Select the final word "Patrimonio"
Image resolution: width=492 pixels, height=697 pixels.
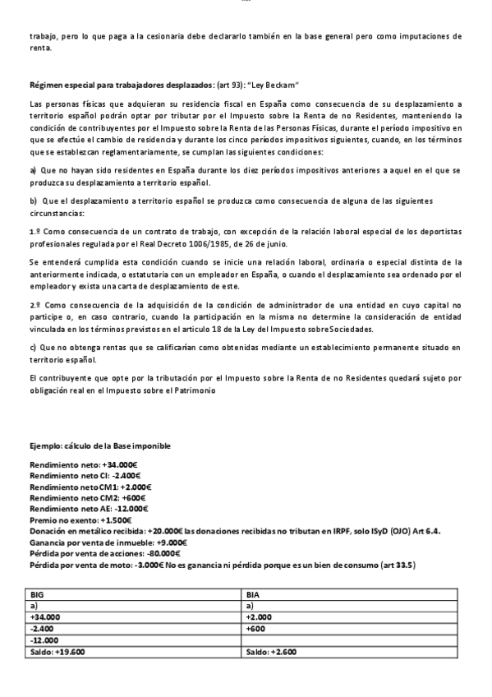195,390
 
